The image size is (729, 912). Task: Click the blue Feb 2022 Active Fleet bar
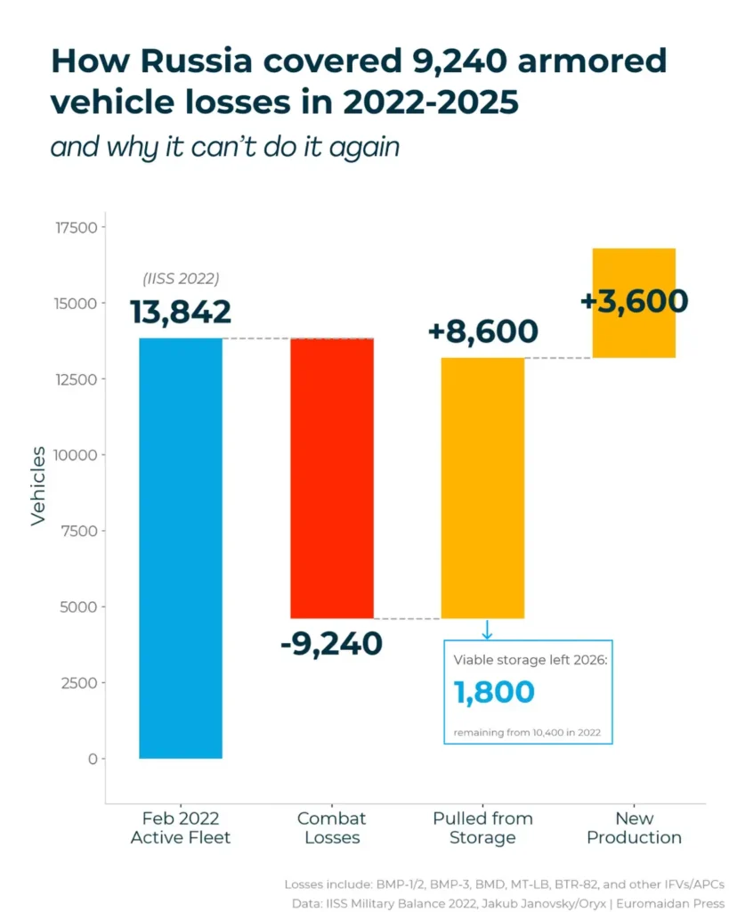[x=181, y=548]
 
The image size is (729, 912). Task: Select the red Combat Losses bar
[x=332, y=478]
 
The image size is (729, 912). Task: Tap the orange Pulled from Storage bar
[x=482, y=487]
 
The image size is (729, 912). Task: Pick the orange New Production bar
[x=634, y=303]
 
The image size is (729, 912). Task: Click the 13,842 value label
[x=181, y=313]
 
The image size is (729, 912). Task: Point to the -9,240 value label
[x=331, y=643]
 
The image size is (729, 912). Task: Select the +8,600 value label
[x=482, y=331]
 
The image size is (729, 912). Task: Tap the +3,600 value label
[x=634, y=301]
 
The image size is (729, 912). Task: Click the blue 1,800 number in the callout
[x=494, y=693]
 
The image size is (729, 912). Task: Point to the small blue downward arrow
[x=487, y=630]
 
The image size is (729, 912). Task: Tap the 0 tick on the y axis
[x=92, y=759]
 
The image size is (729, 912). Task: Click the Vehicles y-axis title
[x=38, y=485]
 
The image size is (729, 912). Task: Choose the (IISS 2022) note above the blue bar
[x=181, y=279]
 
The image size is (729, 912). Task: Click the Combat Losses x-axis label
[x=331, y=828]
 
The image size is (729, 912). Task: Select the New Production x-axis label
[x=634, y=828]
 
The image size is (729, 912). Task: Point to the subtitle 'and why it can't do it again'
[x=224, y=146]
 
